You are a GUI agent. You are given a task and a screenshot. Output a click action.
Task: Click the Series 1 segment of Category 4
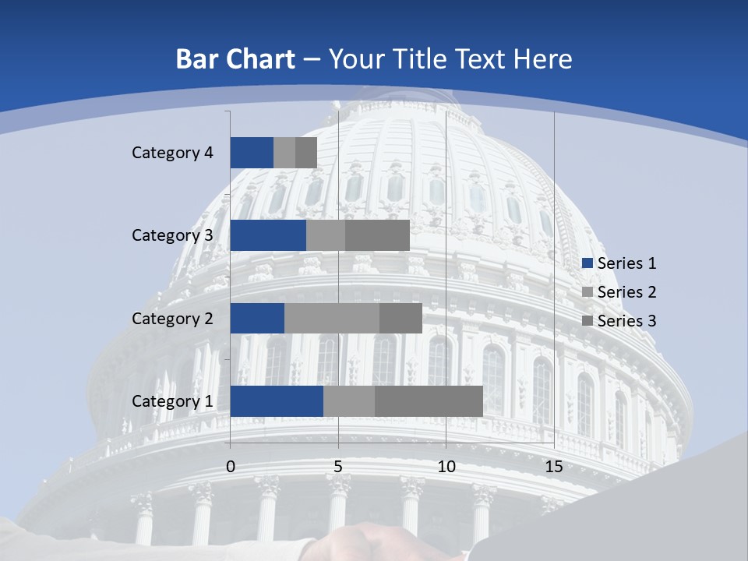252,153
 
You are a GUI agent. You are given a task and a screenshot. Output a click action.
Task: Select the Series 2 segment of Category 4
284,153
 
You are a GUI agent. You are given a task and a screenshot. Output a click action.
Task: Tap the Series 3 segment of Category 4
306,153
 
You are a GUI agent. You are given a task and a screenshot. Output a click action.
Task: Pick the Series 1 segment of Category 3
268,235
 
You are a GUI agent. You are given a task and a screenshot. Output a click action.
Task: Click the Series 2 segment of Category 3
326,235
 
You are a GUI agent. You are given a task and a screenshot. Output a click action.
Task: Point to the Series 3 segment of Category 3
377,235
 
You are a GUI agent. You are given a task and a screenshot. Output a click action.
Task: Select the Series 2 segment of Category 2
332,318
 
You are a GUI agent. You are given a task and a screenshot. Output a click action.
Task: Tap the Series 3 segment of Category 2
400,318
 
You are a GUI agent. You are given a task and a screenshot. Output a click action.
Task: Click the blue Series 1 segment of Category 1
277,400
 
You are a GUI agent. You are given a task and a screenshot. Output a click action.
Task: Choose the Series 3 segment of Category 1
429,400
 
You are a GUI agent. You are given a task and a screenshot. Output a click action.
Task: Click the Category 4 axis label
172,153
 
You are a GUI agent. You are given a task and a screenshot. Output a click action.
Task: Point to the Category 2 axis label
172,318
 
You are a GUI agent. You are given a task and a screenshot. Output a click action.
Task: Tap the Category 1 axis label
172,401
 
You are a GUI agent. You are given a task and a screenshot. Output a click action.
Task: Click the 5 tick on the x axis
338,467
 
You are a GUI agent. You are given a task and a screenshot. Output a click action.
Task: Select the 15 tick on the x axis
554,467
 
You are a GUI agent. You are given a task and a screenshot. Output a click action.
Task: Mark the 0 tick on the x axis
231,467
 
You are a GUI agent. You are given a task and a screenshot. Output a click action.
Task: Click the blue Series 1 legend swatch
587,263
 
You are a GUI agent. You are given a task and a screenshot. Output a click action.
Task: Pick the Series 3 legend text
626,320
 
